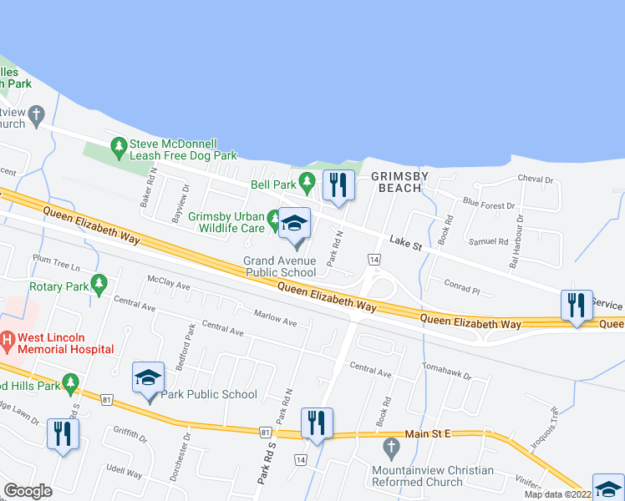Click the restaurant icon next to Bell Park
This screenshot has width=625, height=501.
[x=338, y=185]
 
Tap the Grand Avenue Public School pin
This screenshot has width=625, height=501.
[x=294, y=225]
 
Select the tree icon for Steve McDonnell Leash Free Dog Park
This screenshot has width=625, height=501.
[x=119, y=148]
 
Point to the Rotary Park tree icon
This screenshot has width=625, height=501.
[x=99, y=285]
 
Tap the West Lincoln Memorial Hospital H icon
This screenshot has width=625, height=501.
[x=8, y=341]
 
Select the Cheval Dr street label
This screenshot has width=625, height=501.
[x=536, y=180]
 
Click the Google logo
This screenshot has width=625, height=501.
[x=28, y=491]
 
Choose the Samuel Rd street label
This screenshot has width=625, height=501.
[x=489, y=241]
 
